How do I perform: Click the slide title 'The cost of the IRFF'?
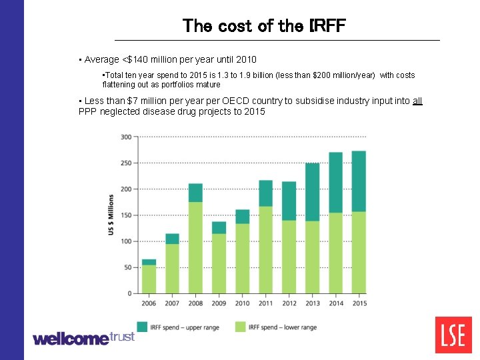pos(264,26)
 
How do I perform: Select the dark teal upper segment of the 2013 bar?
pos(312,192)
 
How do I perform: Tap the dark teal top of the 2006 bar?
pos(149,262)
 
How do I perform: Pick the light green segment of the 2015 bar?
pos(359,252)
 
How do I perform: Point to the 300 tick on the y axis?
pos(125,137)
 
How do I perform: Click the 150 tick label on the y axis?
pos(125,215)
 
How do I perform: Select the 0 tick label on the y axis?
pos(129,293)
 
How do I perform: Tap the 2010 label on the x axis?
pos(242,303)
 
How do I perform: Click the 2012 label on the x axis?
pos(289,303)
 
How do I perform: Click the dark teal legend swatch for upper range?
pos(142,327)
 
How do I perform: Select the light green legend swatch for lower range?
pos(240,327)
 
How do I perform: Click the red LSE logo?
pos(453,335)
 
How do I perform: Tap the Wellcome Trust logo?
pos(83,338)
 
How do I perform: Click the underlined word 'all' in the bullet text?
pos(417,101)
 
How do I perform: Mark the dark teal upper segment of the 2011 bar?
pos(265,193)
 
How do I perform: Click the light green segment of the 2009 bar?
pos(219,263)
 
